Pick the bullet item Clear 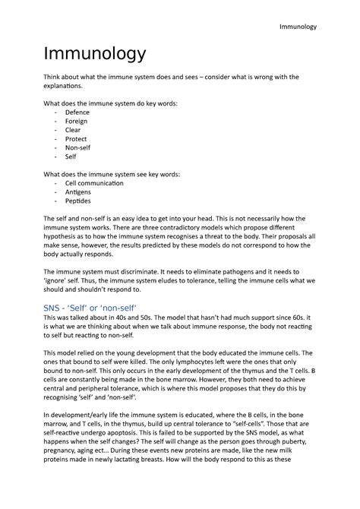coord(73,130)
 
